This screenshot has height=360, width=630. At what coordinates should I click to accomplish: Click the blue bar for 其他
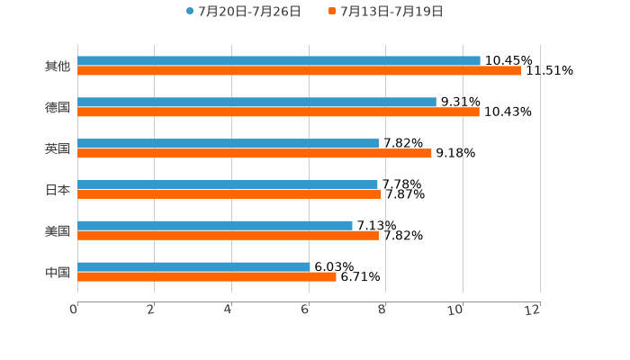point(279,61)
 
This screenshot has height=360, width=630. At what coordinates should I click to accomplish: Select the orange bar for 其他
point(299,70)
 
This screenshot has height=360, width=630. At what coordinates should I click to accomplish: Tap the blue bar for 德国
point(256,103)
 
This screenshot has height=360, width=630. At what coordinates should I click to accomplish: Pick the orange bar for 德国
point(278,112)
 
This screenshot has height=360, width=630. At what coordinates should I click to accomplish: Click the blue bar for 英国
point(228,144)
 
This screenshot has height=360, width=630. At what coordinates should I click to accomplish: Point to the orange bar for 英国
point(255,153)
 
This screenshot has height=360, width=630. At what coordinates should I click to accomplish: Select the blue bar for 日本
point(228,184)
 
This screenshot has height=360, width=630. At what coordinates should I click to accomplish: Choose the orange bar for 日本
point(229,193)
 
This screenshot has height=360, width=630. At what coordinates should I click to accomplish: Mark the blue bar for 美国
point(215,226)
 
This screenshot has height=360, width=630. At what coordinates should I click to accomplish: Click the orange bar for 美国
point(228,235)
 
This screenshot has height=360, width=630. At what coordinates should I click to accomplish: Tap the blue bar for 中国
point(193,267)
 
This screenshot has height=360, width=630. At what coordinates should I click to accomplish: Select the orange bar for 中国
point(207,276)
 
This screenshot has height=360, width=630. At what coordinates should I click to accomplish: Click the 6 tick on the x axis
point(306,310)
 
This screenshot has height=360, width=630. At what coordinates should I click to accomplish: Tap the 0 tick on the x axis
point(75,310)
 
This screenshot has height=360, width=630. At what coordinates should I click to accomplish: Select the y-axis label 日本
point(58,190)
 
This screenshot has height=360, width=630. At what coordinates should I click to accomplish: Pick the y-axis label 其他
point(58,66)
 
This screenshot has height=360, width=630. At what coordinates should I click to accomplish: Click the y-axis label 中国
point(58,272)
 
